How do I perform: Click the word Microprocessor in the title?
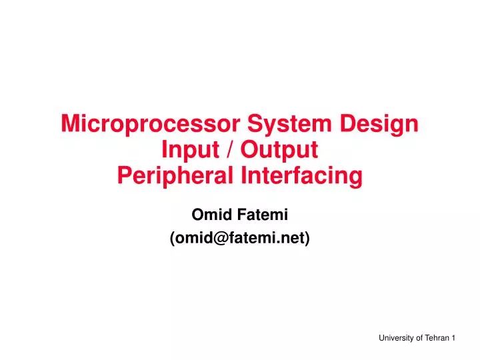click(x=151, y=125)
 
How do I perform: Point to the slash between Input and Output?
click(x=231, y=150)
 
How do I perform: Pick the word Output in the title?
click(x=279, y=150)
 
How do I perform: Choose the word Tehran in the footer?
click(x=436, y=339)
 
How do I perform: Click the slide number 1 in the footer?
click(x=453, y=339)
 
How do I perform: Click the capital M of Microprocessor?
click(x=70, y=125)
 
